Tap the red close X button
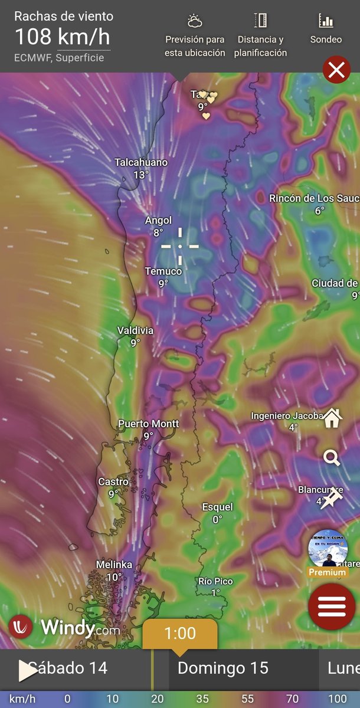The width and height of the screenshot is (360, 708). pos(336,71)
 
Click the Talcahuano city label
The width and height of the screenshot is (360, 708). pos(141,162)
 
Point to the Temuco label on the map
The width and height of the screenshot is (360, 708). pos(163,271)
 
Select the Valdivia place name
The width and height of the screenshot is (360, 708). pos(135,330)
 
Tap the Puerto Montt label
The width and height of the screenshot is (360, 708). pos(149,424)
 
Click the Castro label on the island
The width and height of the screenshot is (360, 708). pos(113,482)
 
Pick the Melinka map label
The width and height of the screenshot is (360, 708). pos(114,565)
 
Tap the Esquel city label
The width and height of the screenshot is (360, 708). pos(217,507)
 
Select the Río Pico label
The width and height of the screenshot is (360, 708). pos(215,581)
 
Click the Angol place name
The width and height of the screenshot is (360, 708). pos(158,221)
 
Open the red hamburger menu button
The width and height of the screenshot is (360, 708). pos(332,606)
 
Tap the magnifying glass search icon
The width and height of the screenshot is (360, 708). pos(332,457)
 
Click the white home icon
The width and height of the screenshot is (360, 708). pos(332,418)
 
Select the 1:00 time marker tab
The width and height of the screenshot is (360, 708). pos(180,634)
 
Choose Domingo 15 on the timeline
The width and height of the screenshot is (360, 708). pos(222,668)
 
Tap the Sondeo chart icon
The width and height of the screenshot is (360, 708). pos(326,21)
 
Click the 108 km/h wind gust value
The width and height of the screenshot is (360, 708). pos(62,37)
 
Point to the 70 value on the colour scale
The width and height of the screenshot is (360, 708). pos(292,699)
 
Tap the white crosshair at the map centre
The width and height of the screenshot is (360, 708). pos(180,246)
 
